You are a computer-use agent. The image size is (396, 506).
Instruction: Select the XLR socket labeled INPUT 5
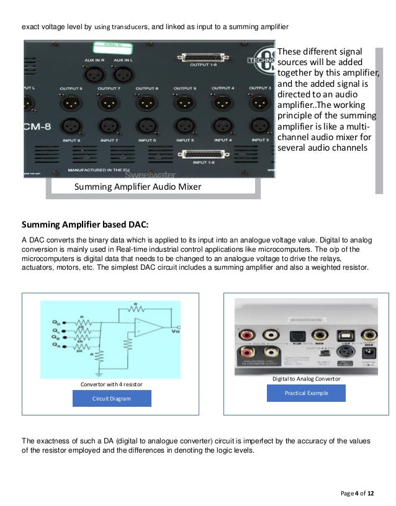point(185,126)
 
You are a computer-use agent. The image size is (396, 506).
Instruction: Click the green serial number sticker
point(112,48)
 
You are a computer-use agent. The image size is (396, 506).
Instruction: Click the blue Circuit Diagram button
point(112,399)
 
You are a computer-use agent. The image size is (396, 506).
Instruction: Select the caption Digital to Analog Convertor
point(305,378)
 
